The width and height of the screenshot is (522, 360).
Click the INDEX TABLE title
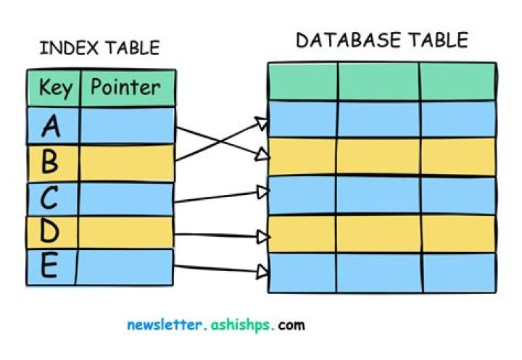[99, 49]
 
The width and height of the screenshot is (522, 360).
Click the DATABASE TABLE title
[382, 40]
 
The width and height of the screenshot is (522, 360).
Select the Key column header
[55, 88]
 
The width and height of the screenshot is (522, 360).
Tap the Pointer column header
[126, 88]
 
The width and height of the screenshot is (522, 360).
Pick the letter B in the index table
[49, 162]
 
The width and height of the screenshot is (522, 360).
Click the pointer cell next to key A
[126, 126]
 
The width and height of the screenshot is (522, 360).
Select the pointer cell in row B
[126, 162]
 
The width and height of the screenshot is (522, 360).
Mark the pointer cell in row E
[126, 267]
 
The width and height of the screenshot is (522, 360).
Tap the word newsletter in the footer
[164, 325]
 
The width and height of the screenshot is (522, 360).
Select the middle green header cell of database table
[378, 81]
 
